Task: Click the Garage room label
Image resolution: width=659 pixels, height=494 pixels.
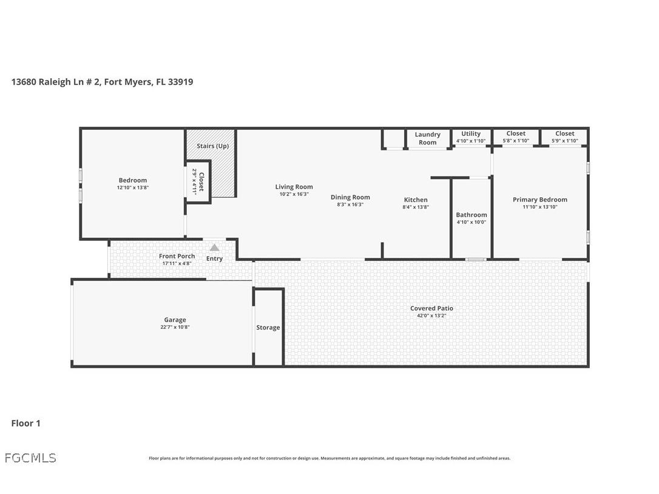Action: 175,320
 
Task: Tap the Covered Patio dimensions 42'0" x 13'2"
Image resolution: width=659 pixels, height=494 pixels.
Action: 431,316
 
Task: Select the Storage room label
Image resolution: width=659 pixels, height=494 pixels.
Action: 268,328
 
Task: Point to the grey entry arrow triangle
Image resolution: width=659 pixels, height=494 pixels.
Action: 214,248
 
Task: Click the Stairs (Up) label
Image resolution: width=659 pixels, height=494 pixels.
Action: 212,146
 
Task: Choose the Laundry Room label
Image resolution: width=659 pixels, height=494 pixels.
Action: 427,138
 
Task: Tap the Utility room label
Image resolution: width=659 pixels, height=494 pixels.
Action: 471,134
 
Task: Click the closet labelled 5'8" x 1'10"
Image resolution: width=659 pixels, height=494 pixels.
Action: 516,137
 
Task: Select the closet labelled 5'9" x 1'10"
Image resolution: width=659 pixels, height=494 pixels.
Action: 564,137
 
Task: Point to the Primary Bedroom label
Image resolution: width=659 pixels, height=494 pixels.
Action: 540,200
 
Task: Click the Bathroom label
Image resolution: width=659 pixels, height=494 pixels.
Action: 471,215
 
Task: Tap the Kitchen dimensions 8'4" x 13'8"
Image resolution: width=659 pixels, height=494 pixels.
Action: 416,207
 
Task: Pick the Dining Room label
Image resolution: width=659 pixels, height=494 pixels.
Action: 350,197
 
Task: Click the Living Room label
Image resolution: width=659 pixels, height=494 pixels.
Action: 294,187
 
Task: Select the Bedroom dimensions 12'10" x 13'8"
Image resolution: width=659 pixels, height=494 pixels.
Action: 133,188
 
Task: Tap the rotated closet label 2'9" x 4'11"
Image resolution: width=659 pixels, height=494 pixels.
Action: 198,181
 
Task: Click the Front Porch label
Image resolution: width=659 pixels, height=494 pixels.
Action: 177,256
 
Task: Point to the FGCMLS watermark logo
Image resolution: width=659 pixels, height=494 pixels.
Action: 30,458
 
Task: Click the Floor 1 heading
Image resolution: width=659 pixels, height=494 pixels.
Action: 25,424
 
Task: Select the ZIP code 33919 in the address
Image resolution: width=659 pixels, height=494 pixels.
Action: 180,82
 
